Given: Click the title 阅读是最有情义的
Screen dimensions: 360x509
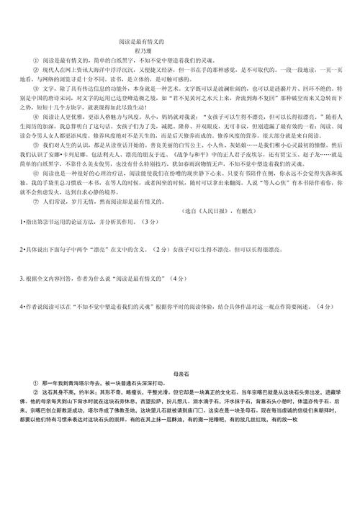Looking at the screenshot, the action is [140, 42].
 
